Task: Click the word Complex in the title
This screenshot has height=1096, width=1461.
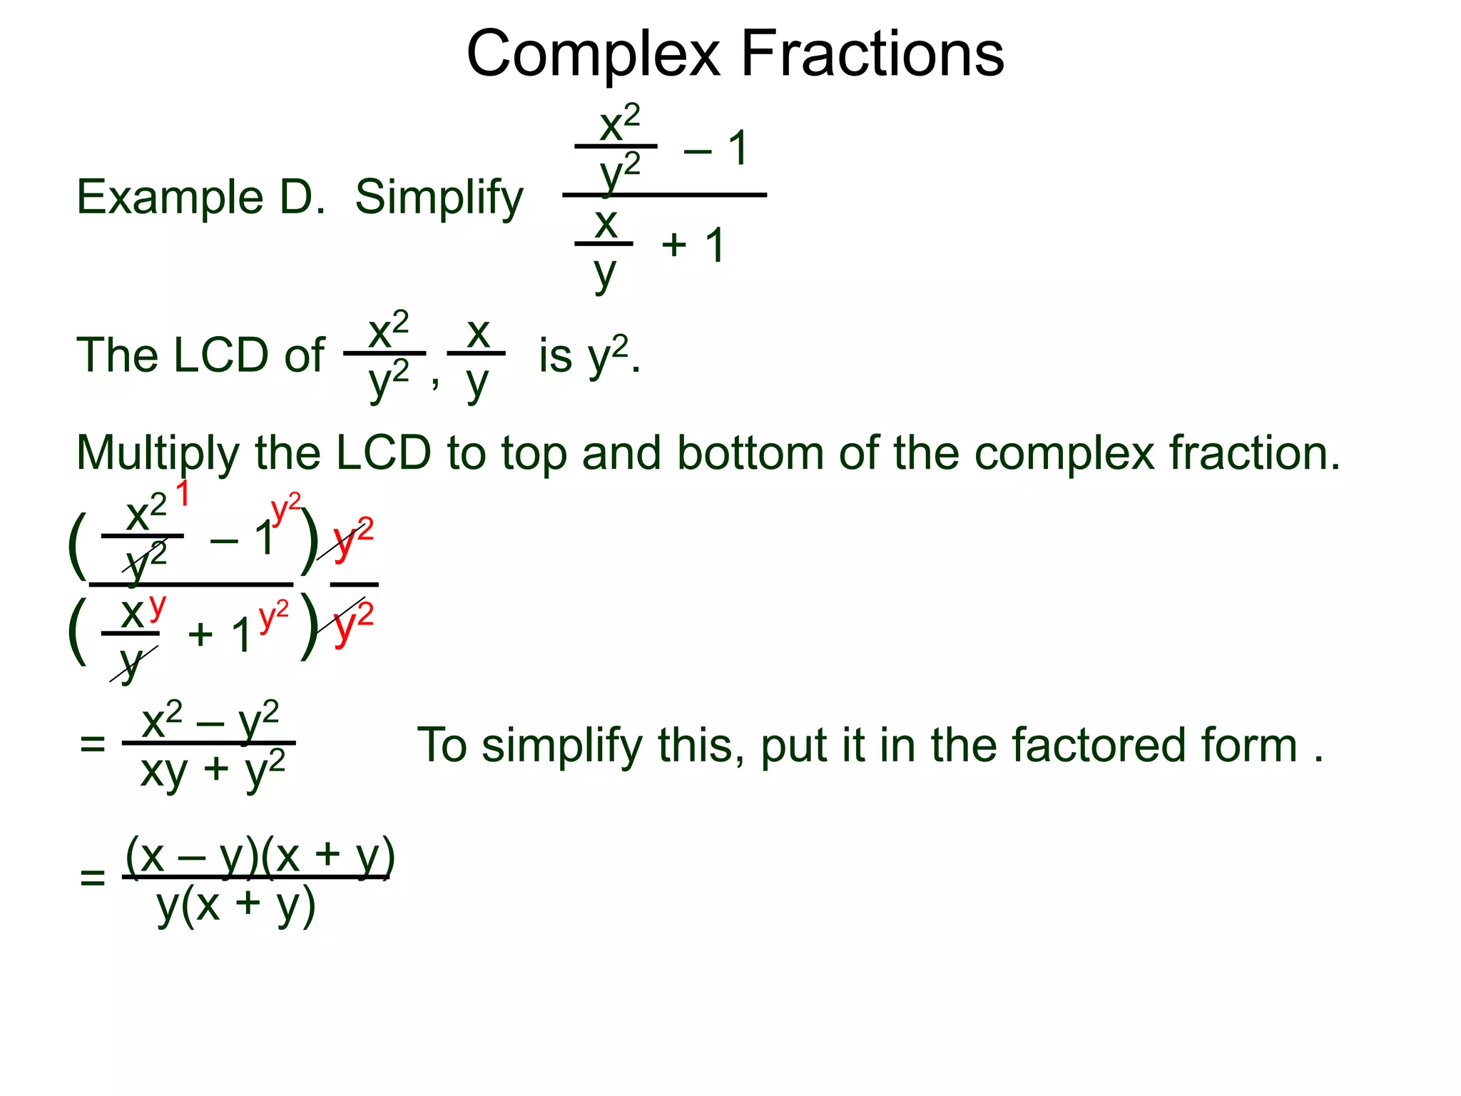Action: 594,56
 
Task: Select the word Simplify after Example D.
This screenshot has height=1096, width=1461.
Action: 439,198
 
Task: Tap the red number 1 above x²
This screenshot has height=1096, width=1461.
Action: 183,494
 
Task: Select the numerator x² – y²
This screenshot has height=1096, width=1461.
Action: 210,721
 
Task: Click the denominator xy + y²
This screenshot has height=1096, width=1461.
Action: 213,771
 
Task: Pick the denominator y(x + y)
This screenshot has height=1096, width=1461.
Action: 236,906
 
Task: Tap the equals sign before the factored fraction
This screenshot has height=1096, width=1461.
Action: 93,877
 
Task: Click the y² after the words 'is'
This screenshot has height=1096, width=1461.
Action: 609,355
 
